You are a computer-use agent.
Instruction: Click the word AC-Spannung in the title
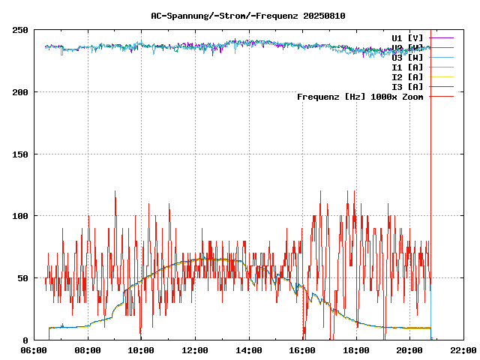point(175,16)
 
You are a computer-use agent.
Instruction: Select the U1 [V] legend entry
point(407,37)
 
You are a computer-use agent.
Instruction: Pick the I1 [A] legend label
point(407,67)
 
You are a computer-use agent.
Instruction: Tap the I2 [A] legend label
point(407,76)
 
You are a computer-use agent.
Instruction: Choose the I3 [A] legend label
point(407,86)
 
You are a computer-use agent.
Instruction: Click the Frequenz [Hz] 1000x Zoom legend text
point(360,96)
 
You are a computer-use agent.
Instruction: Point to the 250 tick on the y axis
point(20,30)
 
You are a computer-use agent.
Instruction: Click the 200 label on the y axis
point(20,92)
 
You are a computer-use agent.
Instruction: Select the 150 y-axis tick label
point(20,154)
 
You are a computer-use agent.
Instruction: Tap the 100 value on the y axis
point(20,216)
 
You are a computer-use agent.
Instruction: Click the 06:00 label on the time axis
point(34,350)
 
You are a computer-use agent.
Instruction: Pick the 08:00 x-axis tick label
point(88,350)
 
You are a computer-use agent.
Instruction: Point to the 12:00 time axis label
point(195,350)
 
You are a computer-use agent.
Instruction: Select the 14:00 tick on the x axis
point(248,350)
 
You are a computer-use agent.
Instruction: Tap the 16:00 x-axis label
point(302,350)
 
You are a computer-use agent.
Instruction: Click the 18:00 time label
point(355,350)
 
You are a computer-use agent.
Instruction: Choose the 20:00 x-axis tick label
point(409,350)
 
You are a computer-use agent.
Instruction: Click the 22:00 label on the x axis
point(463,350)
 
